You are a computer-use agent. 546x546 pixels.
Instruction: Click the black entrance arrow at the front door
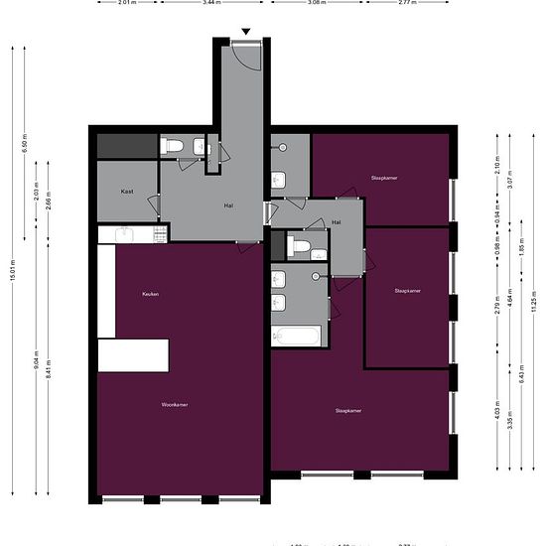pos(246,31)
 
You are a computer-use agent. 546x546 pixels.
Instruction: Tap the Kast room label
pos(127,191)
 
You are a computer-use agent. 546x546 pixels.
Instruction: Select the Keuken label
pos(150,294)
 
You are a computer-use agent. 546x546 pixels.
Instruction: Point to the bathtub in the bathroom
pos(298,336)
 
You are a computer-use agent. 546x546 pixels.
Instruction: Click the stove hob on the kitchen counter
pos(158,234)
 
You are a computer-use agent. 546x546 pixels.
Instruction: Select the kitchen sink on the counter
pos(124,234)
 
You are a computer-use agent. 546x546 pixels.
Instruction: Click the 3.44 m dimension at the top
pos(209,3)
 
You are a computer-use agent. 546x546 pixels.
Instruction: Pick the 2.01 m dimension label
pos(127,3)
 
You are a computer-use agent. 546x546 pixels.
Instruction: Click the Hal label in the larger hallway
pos(228,205)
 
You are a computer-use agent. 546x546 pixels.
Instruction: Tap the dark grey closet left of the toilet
pos(128,145)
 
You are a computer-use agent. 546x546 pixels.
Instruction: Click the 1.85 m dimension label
pos(521,246)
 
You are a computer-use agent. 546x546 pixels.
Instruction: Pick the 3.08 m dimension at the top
pos(317,3)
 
